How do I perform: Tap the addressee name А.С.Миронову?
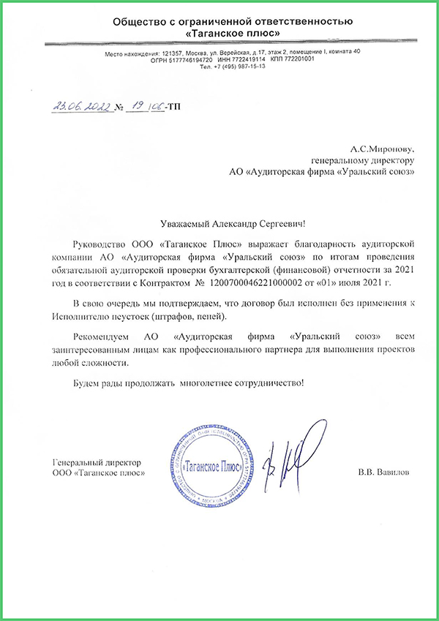(383, 147)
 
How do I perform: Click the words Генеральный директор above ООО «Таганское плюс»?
(96, 464)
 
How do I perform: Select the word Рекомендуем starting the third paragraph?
(102, 336)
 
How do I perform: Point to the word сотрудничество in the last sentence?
(262, 383)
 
